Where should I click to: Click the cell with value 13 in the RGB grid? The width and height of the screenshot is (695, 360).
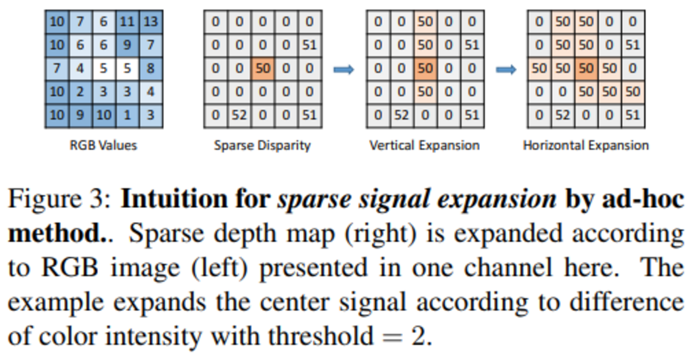pyautogui.click(x=151, y=22)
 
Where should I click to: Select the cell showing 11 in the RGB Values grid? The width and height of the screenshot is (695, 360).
pyautogui.click(x=127, y=22)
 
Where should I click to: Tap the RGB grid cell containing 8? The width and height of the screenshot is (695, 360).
pyautogui.click(x=151, y=69)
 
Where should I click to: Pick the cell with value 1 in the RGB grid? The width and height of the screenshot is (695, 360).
pyautogui.click(x=127, y=115)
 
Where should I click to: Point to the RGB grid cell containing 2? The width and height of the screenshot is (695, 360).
pyautogui.click(x=80, y=92)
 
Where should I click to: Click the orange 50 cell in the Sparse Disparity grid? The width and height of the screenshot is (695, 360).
pyautogui.click(x=262, y=69)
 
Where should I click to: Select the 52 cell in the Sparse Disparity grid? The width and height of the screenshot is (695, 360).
pyautogui.click(x=239, y=115)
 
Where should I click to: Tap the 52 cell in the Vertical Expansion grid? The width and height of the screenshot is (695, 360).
pyautogui.click(x=401, y=115)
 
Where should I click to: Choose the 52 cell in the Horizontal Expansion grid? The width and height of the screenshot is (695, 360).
pyautogui.click(x=562, y=115)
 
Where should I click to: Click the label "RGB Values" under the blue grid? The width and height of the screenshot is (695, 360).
pyautogui.click(x=104, y=145)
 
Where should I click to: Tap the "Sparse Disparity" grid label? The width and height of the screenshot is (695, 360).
pyautogui.click(x=262, y=145)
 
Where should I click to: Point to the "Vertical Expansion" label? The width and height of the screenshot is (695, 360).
pyautogui.click(x=424, y=145)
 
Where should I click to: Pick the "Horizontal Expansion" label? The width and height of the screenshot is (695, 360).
pyautogui.click(x=586, y=145)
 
